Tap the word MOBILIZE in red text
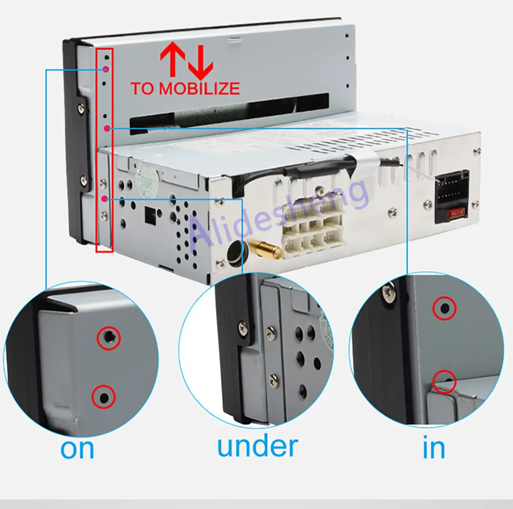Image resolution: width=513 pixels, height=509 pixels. [x=200, y=88]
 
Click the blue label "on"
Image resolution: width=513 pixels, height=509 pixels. [x=77, y=449]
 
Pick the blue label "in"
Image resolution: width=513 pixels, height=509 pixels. [x=434, y=446]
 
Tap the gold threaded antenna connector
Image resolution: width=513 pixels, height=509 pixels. [x=265, y=248]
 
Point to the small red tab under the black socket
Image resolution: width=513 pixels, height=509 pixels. [x=457, y=214]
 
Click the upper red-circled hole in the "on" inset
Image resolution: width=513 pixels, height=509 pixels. [x=109, y=338]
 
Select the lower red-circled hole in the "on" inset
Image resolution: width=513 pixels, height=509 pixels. [x=104, y=397]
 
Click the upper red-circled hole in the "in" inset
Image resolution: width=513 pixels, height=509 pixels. [x=444, y=308]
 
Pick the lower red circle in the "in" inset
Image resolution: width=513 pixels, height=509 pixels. [x=444, y=382]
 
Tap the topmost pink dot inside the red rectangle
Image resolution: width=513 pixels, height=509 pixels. [x=106, y=69]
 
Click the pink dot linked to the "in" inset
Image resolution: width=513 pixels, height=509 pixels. [x=107, y=128]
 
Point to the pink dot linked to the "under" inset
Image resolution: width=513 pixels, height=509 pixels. [x=105, y=199]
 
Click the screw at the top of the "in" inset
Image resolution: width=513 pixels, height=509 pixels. [x=389, y=293]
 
